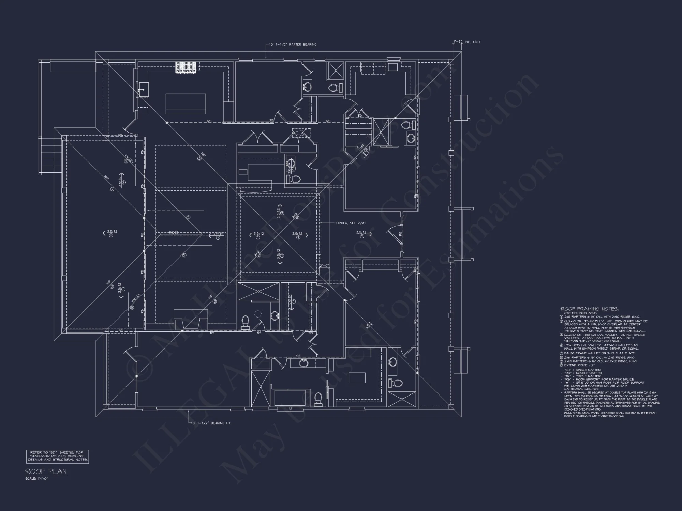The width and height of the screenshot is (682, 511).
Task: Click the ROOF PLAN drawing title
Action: [x=46, y=472]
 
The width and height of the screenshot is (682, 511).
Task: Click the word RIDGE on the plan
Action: [x=174, y=232]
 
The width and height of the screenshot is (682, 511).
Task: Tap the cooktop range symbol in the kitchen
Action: [x=187, y=67]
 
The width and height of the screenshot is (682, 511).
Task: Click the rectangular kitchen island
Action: [x=186, y=104]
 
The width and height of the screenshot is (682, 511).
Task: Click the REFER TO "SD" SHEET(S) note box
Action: [x=58, y=456]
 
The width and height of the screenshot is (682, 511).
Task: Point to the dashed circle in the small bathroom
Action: [x=258, y=314]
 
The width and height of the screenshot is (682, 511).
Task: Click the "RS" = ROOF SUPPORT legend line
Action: [x=604, y=379]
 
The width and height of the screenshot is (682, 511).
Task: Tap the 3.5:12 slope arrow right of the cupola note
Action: [x=361, y=233]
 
